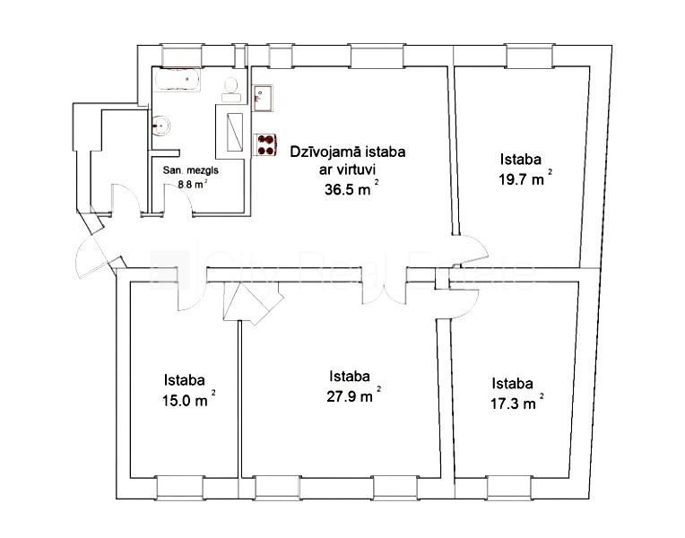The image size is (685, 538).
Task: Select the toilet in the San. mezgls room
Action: (x=231, y=86)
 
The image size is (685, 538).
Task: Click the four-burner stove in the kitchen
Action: (x=266, y=145)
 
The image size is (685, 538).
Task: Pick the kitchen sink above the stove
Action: (x=264, y=96)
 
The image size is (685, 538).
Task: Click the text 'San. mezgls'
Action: (x=191, y=169)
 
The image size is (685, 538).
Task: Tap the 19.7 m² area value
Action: (x=524, y=179)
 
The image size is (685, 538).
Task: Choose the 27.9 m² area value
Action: (x=353, y=396)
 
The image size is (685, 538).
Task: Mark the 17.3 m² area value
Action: (x=516, y=403)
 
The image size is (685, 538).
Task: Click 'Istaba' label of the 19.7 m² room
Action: (x=521, y=160)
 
